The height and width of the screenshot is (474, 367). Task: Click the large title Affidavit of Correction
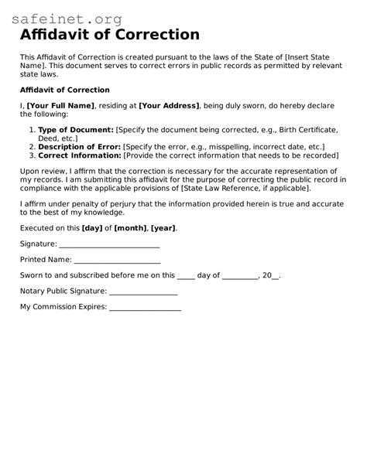point(109,35)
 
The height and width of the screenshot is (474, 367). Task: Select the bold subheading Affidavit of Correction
point(64,90)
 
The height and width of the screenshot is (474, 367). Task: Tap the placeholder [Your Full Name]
point(60,105)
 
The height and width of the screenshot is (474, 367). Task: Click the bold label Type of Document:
point(76,130)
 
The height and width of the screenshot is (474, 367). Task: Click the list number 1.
point(30,130)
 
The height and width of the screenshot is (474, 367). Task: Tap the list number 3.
point(30,155)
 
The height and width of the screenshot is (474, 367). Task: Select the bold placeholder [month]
point(131,228)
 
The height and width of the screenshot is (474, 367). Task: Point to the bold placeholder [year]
point(163,228)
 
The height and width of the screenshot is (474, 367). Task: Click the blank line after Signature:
point(109,245)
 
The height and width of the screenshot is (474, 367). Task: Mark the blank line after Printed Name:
point(118,261)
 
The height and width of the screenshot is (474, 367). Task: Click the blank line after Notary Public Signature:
point(143,292)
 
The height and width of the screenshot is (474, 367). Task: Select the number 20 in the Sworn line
point(267,275)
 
